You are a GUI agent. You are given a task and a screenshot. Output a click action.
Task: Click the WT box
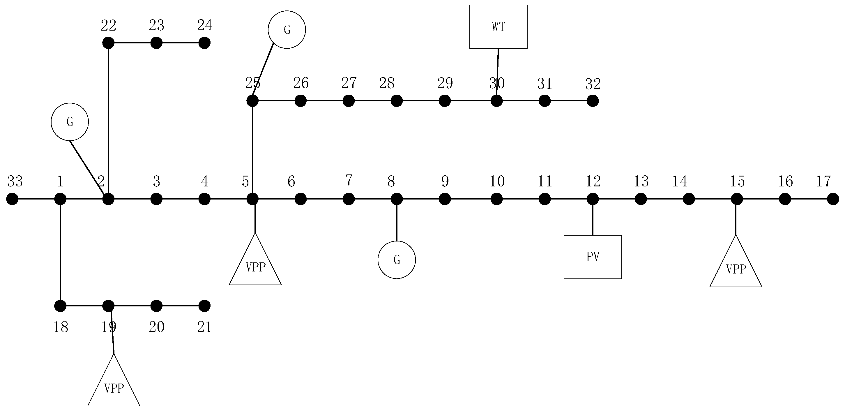tap(498, 27)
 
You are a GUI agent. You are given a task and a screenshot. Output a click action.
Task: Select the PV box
tap(593, 257)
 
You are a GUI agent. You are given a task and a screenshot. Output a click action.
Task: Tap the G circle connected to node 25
tap(287, 29)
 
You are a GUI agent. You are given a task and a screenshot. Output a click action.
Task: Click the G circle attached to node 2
tap(70, 122)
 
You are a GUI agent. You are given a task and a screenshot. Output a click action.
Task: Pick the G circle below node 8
tap(397, 260)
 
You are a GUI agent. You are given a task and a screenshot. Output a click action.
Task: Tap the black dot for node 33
tap(13, 199)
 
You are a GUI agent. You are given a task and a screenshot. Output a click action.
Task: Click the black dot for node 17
tap(833, 199)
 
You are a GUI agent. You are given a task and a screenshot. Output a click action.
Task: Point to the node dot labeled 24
tap(204, 43)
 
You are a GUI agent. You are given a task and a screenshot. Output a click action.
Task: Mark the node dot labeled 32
tap(593, 101)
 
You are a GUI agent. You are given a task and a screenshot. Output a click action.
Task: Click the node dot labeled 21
tap(204, 306)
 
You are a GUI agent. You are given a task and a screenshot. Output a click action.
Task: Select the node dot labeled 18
tap(60, 306)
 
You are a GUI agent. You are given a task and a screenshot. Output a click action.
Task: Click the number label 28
tap(387, 83)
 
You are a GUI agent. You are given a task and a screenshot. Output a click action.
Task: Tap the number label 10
tap(497, 181)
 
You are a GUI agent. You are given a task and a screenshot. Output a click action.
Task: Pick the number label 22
tap(108, 25)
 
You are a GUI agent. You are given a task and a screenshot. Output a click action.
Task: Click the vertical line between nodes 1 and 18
tap(60, 253)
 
